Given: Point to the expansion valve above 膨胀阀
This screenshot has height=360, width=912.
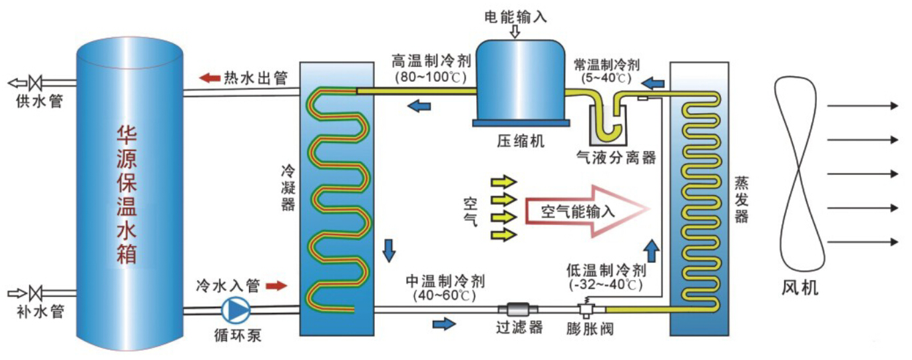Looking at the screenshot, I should (587, 308).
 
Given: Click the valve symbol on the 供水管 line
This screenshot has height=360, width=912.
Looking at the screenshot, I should (38, 83).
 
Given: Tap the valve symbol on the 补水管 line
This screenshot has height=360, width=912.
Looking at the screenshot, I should (38, 293).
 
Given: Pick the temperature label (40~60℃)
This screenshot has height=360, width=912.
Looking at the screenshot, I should (444, 293).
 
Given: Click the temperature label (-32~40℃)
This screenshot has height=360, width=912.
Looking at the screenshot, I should (606, 285).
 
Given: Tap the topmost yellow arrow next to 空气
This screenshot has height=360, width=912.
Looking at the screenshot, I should (503, 182).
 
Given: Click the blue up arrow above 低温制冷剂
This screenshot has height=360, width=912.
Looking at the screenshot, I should (652, 251).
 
